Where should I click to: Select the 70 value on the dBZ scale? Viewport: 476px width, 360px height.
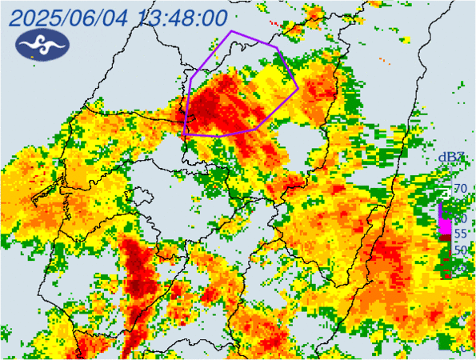[460, 189]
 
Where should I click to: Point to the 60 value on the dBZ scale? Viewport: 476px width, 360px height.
[460, 218]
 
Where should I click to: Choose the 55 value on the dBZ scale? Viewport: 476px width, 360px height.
[460, 234]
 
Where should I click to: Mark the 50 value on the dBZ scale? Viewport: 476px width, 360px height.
[460, 250]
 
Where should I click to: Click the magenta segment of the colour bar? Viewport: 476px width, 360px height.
[442, 224]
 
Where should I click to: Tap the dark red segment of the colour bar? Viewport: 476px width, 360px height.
[442, 241]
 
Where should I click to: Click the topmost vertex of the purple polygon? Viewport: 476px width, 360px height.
[231, 31]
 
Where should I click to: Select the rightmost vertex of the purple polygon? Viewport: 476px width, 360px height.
[298, 86]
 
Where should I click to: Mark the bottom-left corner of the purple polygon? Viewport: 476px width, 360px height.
[185, 134]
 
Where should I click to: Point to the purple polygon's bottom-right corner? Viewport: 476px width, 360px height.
[256, 129]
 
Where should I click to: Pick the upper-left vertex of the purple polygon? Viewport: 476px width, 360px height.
[192, 78]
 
